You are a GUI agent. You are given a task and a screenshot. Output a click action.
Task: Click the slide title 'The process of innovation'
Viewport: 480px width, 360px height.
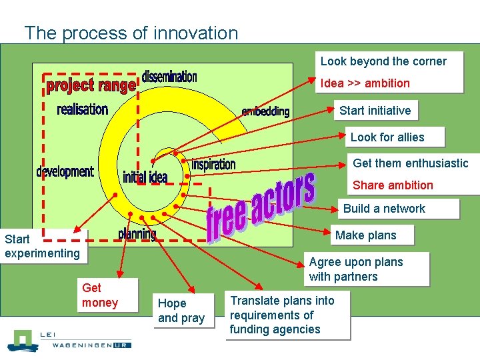pos(131,33)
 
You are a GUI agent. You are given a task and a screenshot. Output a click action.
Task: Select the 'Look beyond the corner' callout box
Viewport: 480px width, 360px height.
pos(383,61)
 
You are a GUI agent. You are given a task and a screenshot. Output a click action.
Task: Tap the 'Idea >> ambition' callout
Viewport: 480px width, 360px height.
pos(365,83)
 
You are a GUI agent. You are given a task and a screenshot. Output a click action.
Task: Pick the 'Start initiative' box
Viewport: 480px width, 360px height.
pos(375,110)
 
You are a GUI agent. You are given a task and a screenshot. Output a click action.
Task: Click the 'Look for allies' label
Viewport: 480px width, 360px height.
pos(387,137)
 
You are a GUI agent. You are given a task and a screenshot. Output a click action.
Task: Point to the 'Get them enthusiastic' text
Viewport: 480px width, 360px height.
pos(410,163)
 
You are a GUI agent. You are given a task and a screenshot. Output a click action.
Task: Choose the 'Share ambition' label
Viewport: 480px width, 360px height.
pos(393,185)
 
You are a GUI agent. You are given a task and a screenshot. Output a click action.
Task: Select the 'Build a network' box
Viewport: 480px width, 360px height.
pos(384,209)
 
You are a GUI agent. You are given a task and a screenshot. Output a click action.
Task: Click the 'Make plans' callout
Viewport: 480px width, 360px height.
pos(365,235)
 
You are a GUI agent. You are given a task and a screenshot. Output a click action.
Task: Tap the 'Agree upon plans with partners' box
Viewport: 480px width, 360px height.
pos(356,269)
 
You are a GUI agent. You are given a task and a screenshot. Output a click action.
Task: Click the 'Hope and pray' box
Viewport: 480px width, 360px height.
pos(181,311)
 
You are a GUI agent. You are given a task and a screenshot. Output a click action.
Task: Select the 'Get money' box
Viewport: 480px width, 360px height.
pos(100,295)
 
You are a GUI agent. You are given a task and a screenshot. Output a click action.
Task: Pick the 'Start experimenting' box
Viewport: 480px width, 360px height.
pos(42,245)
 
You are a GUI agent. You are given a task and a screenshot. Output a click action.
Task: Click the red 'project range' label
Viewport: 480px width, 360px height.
pos(91,86)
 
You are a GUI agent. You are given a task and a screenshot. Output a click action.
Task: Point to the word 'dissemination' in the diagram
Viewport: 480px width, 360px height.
pos(169,77)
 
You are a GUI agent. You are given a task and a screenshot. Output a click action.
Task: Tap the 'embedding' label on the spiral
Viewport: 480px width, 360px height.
pos(265,111)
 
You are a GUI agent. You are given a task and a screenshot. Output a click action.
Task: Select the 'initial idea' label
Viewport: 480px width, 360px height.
pos(145,177)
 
